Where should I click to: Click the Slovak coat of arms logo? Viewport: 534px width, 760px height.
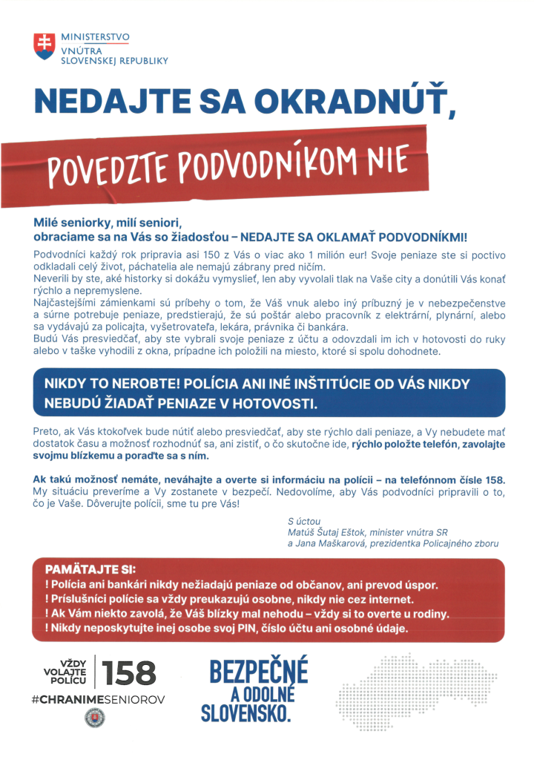[x=44, y=46]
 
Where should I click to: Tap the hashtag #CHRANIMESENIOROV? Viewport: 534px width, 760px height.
[x=99, y=699]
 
